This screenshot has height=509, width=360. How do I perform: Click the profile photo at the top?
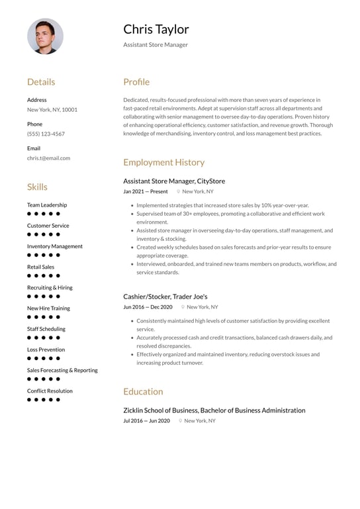(x=45, y=36)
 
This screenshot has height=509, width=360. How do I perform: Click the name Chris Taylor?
(x=156, y=29)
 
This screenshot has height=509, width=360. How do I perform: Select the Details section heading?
(x=41, y=82)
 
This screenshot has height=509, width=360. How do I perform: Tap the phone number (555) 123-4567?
(x=46, y=134)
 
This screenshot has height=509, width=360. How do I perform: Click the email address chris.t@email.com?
(x=48, y=158)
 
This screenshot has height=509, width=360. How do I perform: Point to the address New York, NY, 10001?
(x=52, y=109)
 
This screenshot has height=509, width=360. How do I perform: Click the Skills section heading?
(x=37, y=187)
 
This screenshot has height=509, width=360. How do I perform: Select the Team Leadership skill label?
(x=47, y=205)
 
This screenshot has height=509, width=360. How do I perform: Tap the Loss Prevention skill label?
(x=46, y=349)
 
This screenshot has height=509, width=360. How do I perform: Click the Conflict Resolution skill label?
(x=50, y=391)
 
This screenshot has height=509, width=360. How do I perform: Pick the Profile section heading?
(x=136, y=82)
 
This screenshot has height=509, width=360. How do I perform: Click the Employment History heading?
(x=163, y=162)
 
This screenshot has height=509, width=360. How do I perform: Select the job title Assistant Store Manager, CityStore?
(x=174, y=181)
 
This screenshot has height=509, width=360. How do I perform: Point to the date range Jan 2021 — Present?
(x=146, y=191)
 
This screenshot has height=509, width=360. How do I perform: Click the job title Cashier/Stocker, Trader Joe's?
(x=165, y=297)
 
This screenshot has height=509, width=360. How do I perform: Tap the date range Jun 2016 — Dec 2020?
(x=148, y=307)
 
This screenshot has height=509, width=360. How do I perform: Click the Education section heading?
(x=143, y=391)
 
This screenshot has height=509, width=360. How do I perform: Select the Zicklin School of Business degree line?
(x=214, y=410)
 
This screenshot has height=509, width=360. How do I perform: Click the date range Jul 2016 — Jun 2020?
(x=146, y=421)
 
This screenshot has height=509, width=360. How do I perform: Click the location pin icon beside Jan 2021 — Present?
(x=178, y=191)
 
